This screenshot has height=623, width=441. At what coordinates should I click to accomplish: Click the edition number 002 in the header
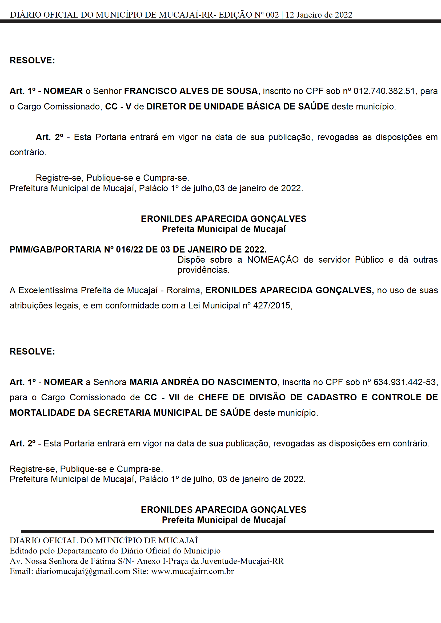pos(272,15)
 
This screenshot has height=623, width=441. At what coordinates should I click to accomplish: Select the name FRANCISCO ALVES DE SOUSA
pos(191,91)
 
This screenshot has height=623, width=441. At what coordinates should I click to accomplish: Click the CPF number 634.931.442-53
pos(405,382)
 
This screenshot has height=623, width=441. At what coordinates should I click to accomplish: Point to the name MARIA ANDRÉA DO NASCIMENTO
pos(203,382)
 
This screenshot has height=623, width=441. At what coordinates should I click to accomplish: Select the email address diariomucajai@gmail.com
pos(83,571)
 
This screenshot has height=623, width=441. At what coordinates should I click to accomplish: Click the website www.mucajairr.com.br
pos(192,571)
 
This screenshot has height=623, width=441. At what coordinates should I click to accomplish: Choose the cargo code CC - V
pos(118,107)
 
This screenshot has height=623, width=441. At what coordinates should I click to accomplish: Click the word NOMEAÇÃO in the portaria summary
pos(273,260)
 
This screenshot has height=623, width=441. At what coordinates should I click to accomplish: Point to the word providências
pos(203,270)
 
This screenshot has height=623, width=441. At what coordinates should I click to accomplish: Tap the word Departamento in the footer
pos(87,551)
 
